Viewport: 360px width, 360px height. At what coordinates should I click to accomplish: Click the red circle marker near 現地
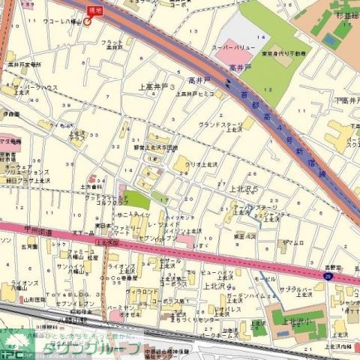pos(88,22)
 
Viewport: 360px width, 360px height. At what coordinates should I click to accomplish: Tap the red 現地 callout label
pos(95,10)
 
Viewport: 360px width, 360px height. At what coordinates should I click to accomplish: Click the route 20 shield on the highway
pos(328,277)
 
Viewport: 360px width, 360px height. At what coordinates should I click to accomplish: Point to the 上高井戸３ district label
pos(156,87)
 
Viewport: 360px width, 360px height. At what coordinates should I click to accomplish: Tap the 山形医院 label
pos(34,298)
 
